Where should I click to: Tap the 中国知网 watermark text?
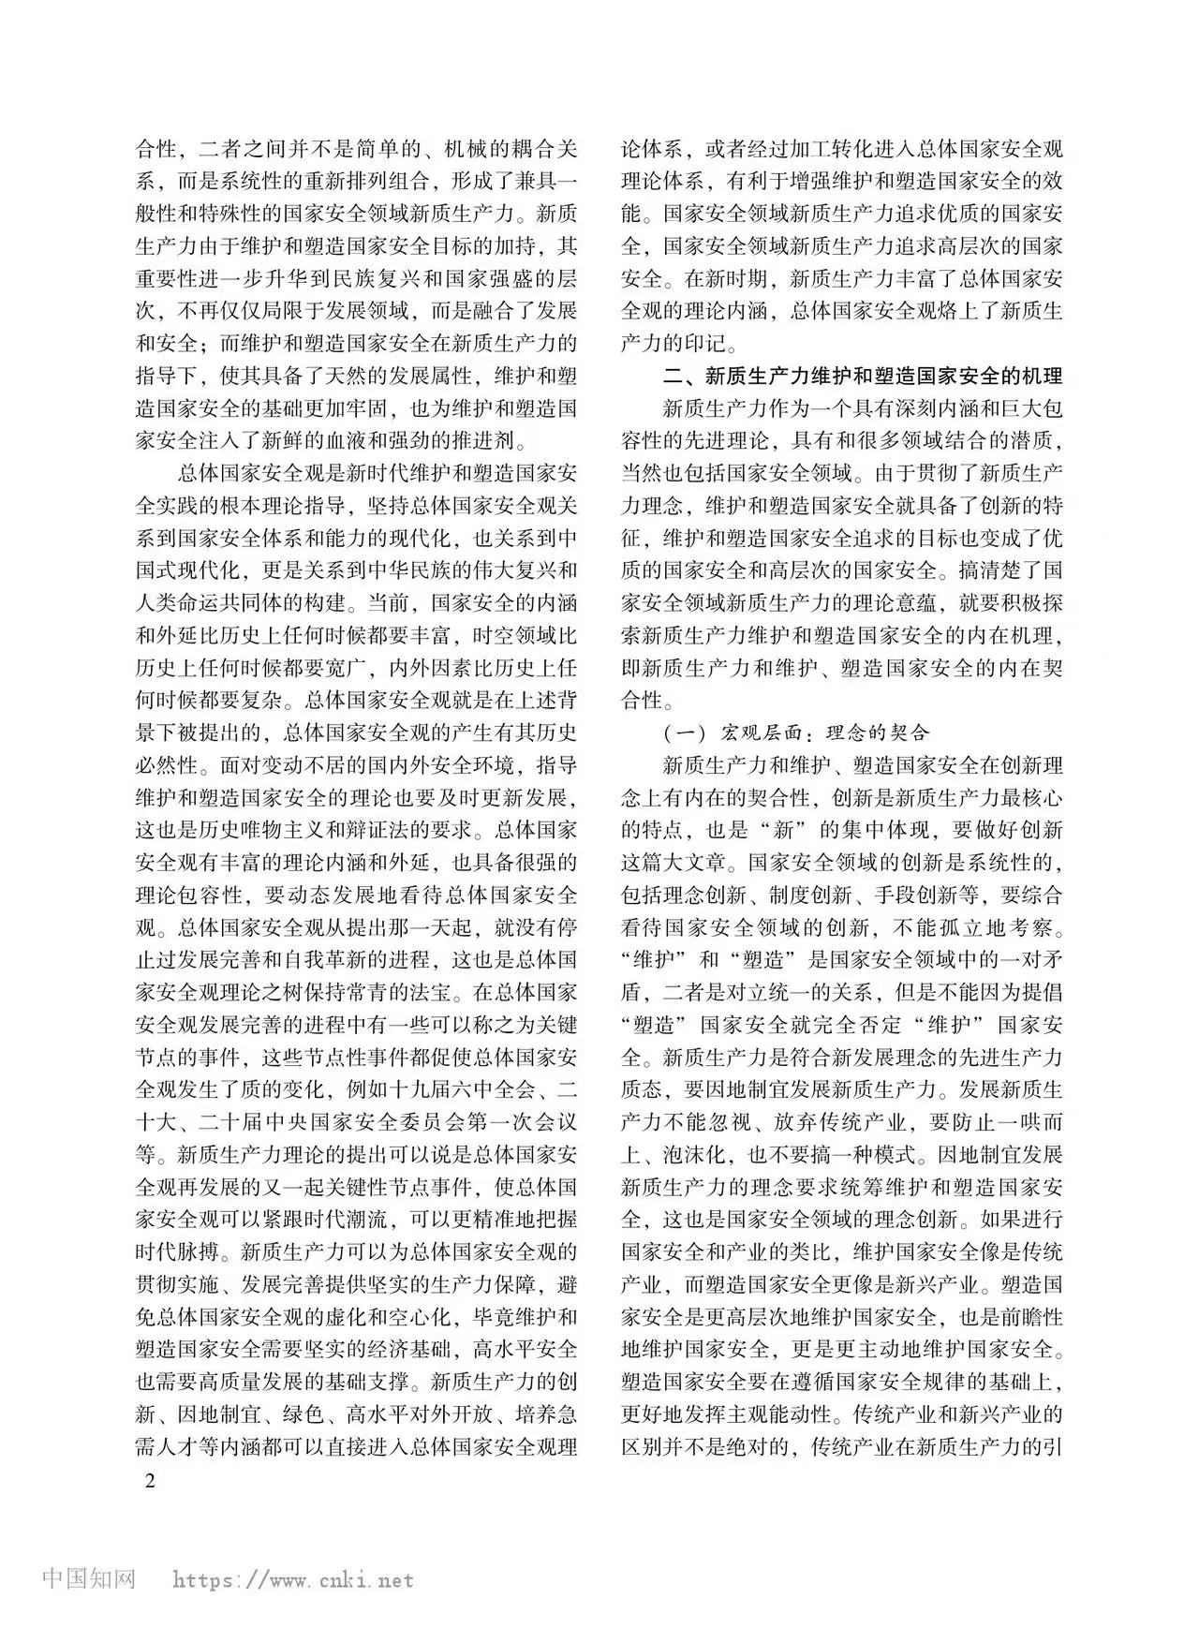[x=90, y=1578]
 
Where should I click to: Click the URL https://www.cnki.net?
[x=293, y=1580]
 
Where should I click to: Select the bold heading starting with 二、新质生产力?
[x=862, y=376]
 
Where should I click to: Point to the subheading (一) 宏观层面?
[x=794, y=733]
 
